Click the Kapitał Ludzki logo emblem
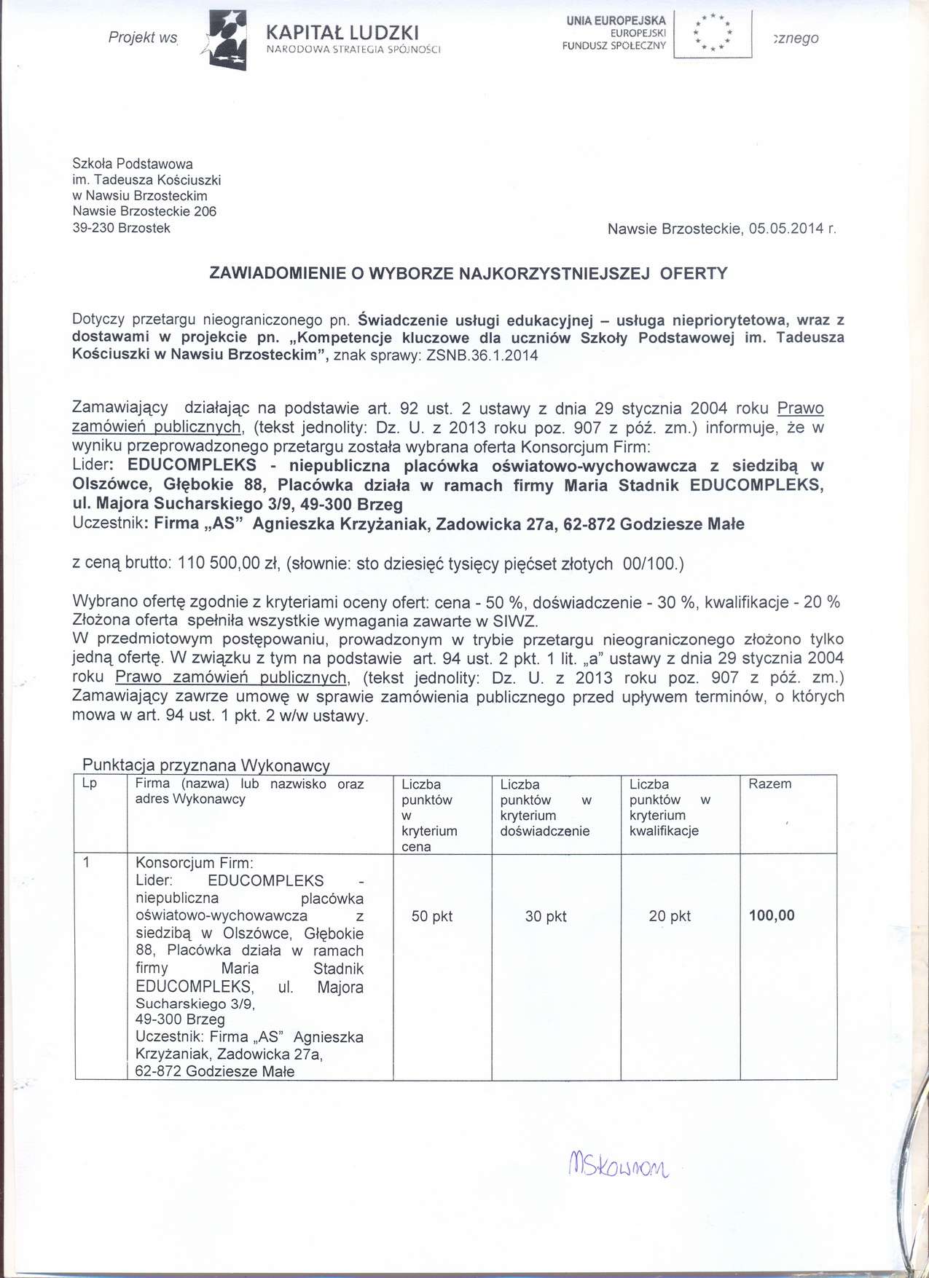227,39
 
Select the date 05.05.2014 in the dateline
787,229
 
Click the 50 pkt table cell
432,917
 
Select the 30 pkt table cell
546,917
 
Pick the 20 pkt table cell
670,917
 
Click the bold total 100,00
772,916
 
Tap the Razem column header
769,784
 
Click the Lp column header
90,784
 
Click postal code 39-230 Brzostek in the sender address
121,228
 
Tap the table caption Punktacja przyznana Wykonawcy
206,765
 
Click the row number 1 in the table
87,863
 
